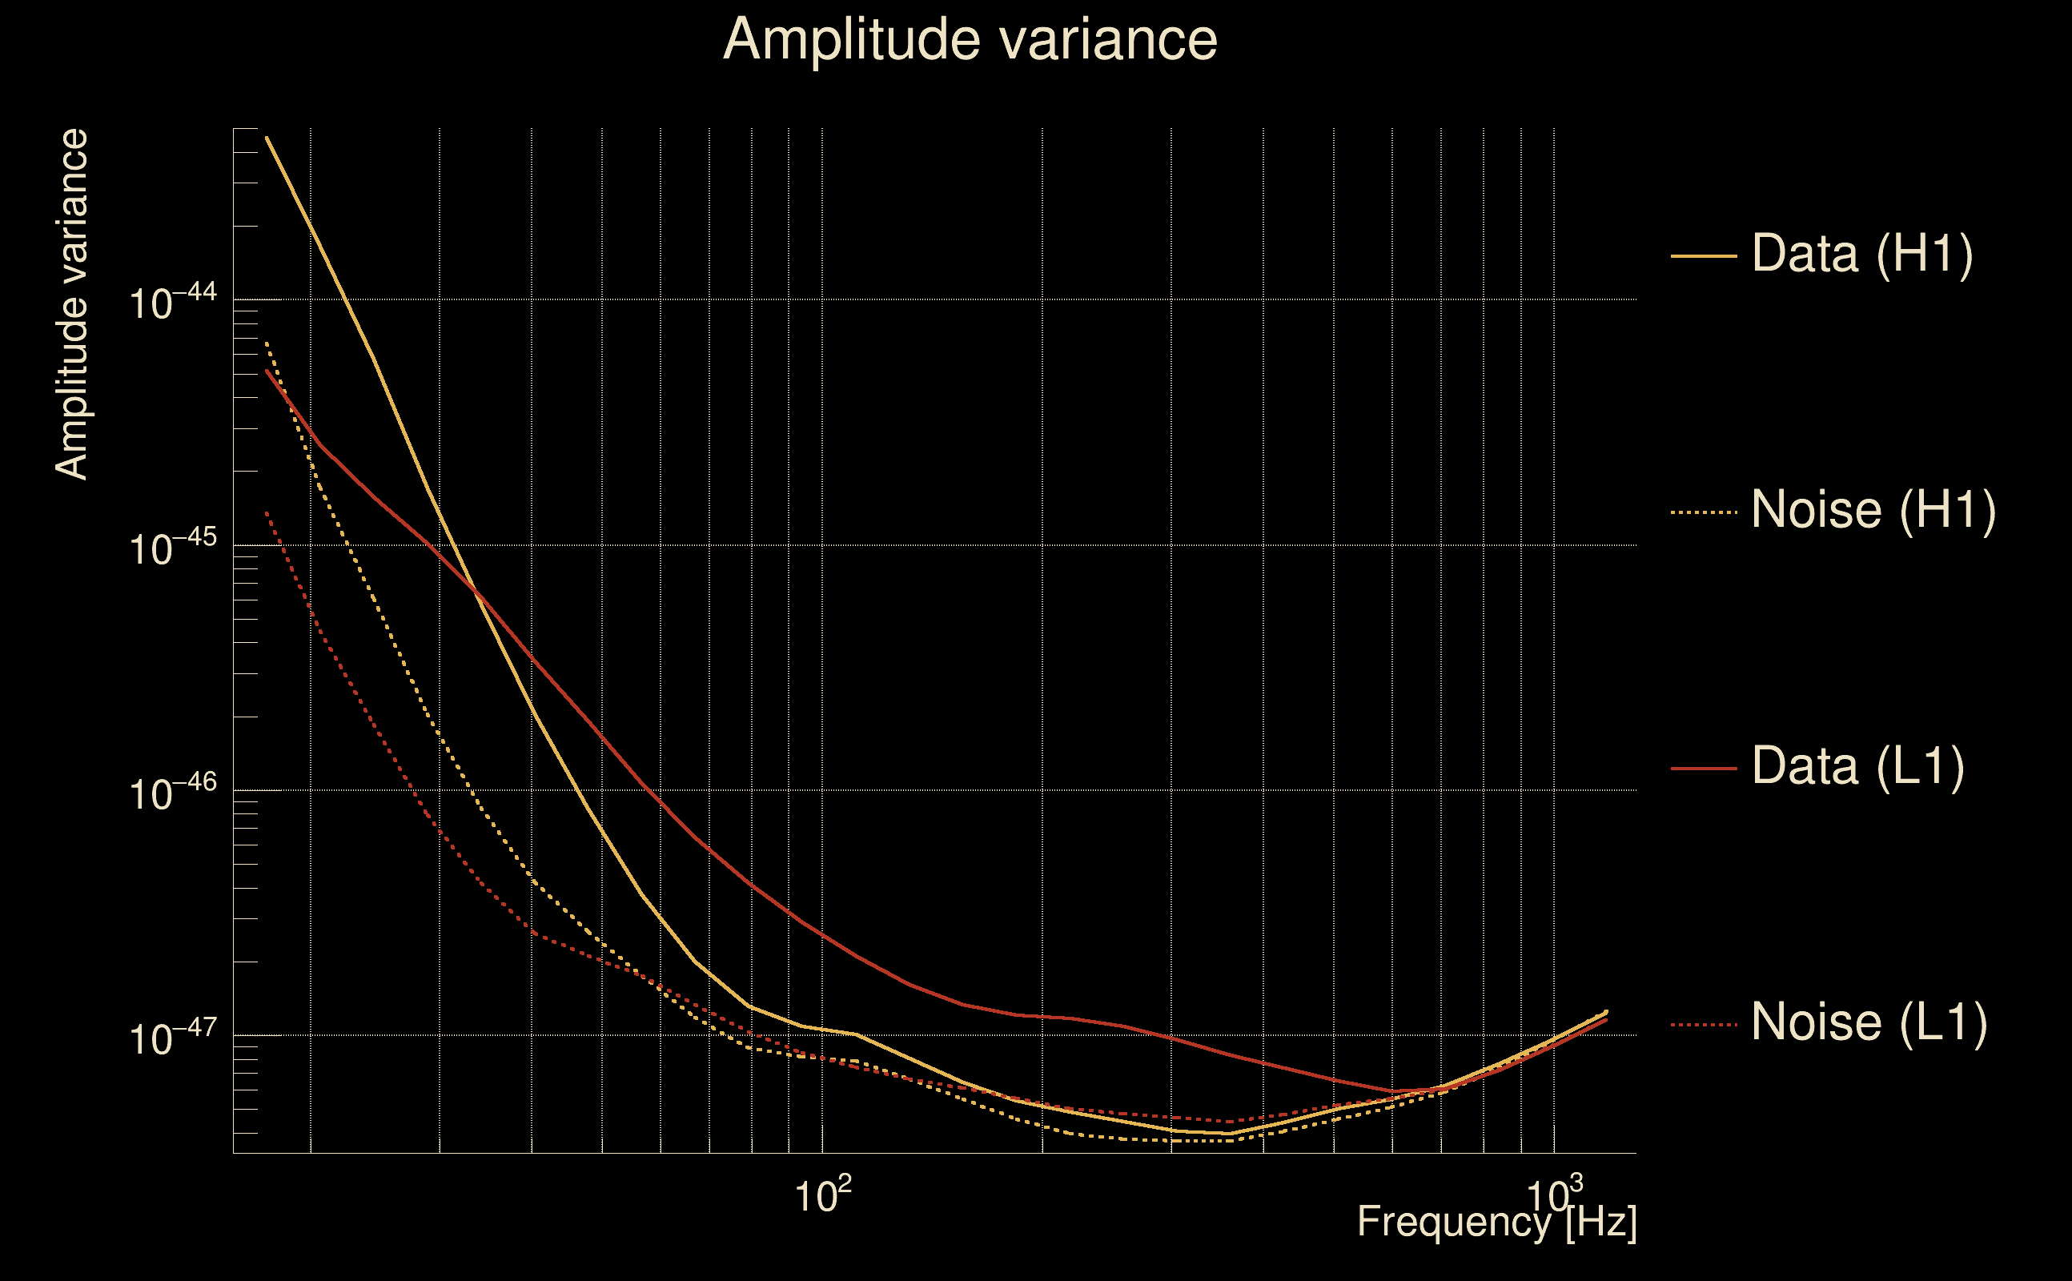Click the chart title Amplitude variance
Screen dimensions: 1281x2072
coord(970,40)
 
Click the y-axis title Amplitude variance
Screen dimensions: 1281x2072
coord(72,305)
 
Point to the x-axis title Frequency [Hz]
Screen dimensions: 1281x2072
coord(1497,1222)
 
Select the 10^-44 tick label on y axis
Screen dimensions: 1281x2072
coord(173,303)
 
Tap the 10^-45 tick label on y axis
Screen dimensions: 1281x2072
coord(173,548)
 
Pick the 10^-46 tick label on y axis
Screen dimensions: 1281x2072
coord(173,793)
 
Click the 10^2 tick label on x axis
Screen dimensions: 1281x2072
coord(822,1195)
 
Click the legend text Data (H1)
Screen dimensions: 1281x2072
coord(1862,253)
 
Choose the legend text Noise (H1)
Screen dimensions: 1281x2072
coord(1873,510)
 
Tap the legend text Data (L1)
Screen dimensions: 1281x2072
coord(1857,767)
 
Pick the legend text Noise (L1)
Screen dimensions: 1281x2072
coord(1869,1022)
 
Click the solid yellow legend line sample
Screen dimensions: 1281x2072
coord(1704,255)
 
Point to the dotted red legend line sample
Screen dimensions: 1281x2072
coord(1704,1025)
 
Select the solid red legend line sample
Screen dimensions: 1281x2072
coord(1704,769)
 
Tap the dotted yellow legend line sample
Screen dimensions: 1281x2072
coord(1704,512)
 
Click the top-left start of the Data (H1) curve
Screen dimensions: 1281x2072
coord(267,137)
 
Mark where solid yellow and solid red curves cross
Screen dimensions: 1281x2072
coord(476,591)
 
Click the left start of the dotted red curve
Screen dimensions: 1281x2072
coord(267,512)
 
